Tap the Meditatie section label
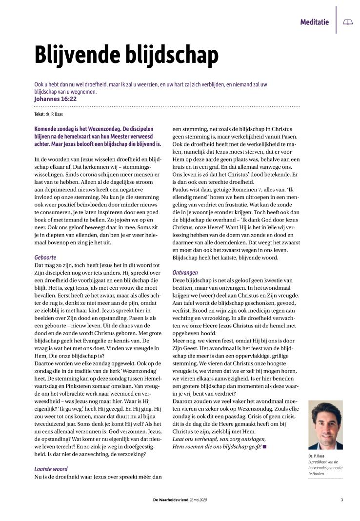pyautogui.click(x=314, y=22)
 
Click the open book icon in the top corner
pyautogui.click(x=347, y=22)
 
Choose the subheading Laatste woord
pyautogui.click(x=51, y=469)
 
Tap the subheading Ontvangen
pyautogui.click(x=185, y=272)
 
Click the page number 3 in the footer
pyautogui.click(x=342, y=499)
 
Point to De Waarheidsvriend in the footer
pyautogui.click(x=171, y=499)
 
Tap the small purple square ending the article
pyautogui.click(x=264, y=446)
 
